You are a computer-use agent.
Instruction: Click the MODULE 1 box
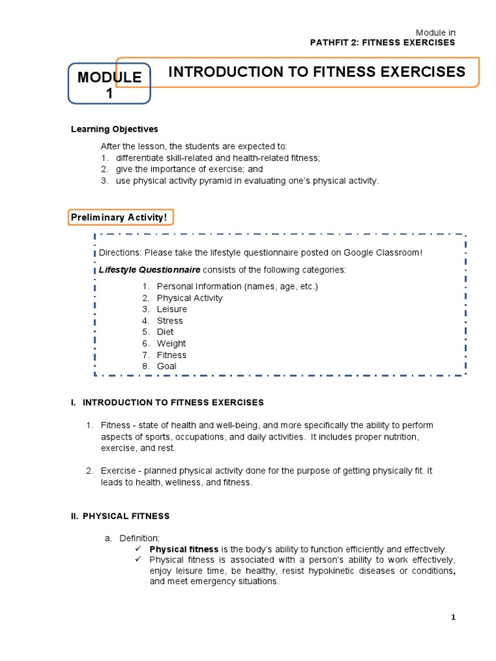[109, 85]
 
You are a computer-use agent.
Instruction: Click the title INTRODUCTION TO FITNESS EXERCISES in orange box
[316, 72]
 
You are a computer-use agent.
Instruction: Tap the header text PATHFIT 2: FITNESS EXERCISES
[383, 43]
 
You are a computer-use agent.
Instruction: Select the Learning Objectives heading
[114, 129]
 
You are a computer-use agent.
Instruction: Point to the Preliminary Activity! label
[121, 218]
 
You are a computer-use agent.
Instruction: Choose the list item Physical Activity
[189, 298]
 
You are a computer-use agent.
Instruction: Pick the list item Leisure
[172, 309]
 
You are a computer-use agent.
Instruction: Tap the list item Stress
[170, 321]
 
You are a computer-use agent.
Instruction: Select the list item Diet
[165, 332]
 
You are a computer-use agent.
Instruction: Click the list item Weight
[171, 343]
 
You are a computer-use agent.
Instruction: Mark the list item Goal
[167, 366]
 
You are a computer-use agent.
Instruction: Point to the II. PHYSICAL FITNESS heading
[120, 516]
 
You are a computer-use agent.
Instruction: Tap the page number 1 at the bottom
[453, 618]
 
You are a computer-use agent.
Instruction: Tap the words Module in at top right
[435, 32]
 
